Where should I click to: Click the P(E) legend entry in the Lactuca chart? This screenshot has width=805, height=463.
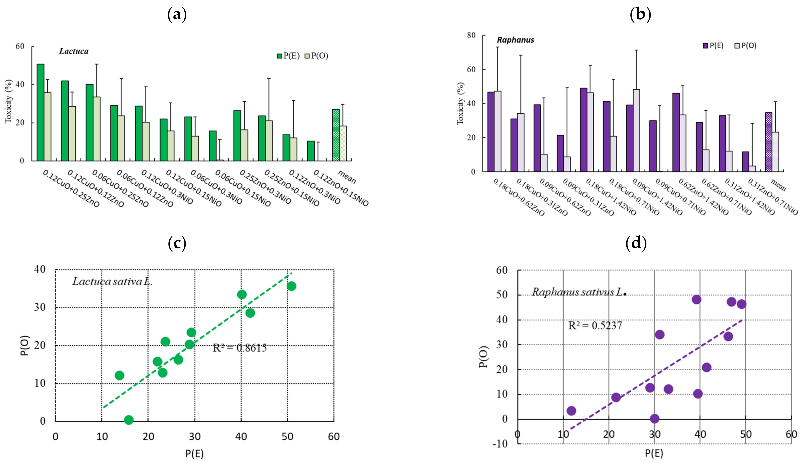pos(288,56)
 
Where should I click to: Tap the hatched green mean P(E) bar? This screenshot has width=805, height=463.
pos(335,135)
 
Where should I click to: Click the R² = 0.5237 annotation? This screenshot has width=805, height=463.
pos(595,325)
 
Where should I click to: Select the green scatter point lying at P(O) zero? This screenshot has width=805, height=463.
pos(129,420)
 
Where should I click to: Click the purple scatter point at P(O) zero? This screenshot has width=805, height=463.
pos(654,418)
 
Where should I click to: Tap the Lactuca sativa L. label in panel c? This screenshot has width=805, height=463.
pos(112,281)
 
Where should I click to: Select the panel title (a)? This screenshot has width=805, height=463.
pos(177,15)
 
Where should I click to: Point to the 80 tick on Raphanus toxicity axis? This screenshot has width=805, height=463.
pos(471,35)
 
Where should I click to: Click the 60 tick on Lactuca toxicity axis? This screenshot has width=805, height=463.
pos(20,46)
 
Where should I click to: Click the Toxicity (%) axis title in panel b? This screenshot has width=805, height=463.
pos(460,103)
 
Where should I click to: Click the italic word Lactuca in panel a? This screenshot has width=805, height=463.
pos(73,51)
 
